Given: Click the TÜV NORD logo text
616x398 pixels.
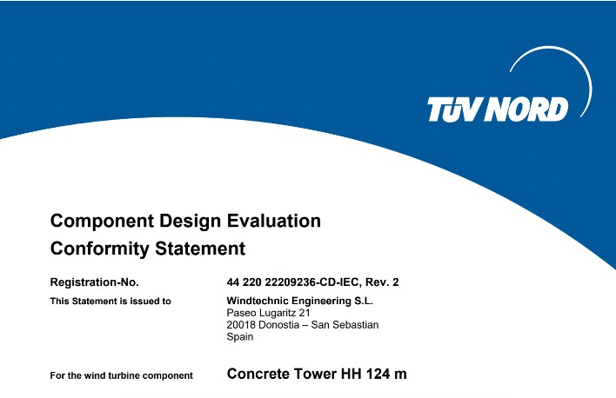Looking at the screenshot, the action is point(498,109).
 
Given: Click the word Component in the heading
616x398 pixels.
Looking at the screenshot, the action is point(102,222).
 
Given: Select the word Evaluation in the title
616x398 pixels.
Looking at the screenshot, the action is point(274,221).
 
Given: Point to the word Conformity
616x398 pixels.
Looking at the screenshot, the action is point(100,249).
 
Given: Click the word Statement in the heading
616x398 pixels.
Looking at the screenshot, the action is point(200,249).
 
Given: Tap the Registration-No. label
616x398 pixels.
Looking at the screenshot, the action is point(94,282).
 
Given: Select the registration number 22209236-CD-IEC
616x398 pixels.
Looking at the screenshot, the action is point(312,282).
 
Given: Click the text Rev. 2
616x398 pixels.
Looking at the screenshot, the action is point(382,282).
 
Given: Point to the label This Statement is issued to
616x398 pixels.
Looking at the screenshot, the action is point(110,301).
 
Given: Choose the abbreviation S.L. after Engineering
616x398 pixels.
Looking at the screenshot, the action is point(364,301).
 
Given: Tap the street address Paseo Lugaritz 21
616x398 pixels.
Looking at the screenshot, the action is point(268,313).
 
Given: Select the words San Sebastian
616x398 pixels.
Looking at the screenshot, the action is point(345,325).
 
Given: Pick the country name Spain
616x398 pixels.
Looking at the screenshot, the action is point(239,337).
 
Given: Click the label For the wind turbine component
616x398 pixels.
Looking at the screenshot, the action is point(122,375).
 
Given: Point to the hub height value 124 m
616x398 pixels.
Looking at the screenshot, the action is point(386,374).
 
